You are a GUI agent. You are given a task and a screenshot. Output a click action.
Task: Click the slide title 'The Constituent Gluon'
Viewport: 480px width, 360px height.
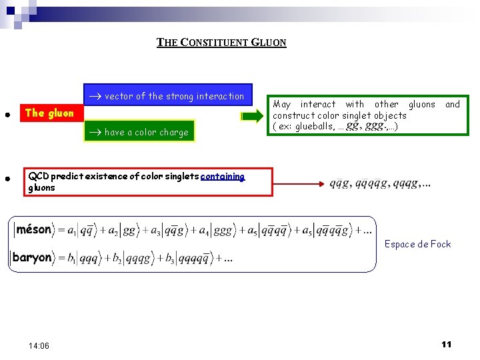[221, 43]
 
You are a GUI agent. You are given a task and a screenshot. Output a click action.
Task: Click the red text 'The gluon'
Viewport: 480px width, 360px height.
[49, 113]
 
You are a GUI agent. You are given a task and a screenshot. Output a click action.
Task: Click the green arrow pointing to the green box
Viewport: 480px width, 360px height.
[251, 117]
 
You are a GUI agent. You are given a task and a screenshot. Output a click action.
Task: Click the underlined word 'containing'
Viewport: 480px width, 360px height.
[223, 177]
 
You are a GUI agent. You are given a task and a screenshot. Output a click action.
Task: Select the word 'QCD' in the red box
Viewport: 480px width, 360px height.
[38, 177]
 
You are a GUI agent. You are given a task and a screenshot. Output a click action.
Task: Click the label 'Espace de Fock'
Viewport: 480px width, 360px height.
[417, 244]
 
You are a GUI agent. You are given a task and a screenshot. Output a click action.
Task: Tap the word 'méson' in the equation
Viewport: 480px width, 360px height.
[33, 230]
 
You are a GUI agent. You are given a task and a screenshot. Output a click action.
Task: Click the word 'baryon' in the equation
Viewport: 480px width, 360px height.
[33, 257]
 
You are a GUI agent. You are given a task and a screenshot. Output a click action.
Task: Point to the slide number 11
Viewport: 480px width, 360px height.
[446, 344]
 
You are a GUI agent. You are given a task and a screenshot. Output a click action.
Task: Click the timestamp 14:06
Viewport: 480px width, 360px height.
[39, 345]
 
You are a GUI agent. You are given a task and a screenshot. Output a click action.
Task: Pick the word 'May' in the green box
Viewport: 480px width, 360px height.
[283, 104]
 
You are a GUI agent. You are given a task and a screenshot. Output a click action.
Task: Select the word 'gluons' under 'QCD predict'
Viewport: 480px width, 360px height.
[42, 188]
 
